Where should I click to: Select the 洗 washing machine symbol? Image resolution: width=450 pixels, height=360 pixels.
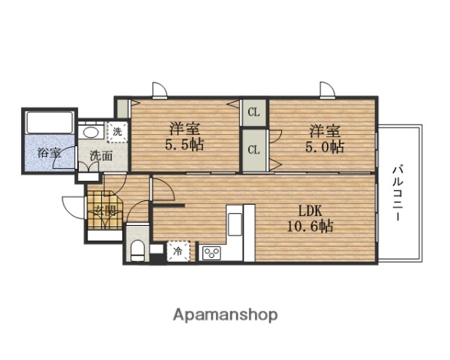(x=118, y=132)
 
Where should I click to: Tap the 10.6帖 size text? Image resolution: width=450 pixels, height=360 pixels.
(x=311, y=226)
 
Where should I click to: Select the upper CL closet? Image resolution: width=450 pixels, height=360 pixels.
(x=253, y=113)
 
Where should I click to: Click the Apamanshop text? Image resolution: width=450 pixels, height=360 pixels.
(x=226, y=314)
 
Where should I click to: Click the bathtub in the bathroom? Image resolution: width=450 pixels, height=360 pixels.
(x=48, y=121)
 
